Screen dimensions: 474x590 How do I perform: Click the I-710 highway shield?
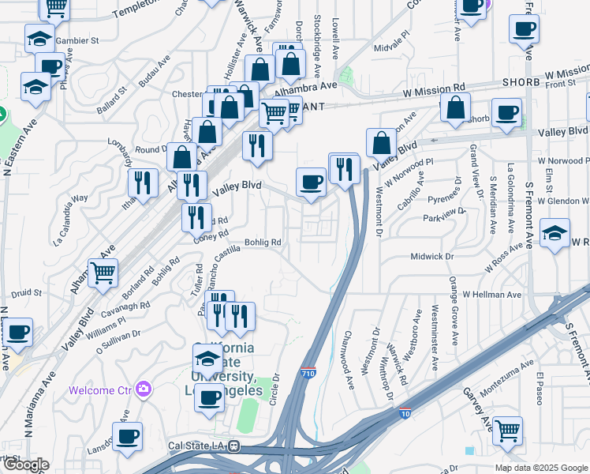308,372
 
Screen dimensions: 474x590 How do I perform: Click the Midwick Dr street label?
433,257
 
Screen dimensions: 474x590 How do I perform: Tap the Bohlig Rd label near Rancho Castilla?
263,243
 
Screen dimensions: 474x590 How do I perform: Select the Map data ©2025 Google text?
541,468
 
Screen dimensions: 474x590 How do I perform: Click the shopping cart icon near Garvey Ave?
507,431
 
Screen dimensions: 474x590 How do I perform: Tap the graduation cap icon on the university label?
207,359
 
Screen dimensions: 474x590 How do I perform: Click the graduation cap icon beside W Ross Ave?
555,234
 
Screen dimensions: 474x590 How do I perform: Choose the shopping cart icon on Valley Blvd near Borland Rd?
103,273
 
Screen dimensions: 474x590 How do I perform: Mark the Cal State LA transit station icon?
233,446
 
